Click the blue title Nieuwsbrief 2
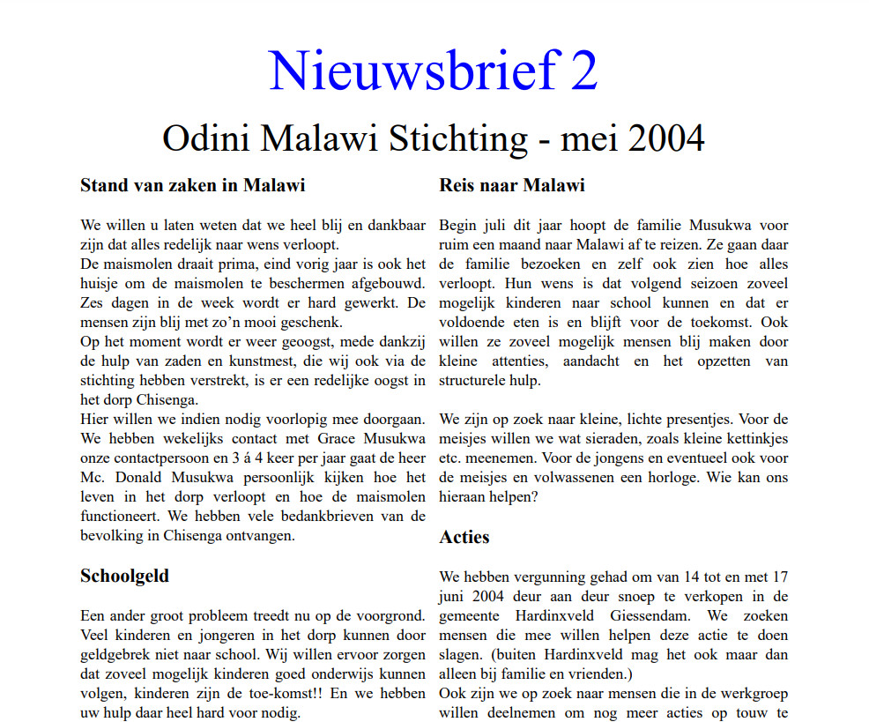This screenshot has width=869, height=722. (434, 71)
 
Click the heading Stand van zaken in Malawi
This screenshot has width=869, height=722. (192, 185)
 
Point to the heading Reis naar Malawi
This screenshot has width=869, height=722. (511, 185)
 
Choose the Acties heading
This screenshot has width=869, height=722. (464, 537)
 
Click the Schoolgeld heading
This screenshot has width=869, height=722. (124, 576)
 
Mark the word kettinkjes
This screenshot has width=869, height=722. (749, 438)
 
